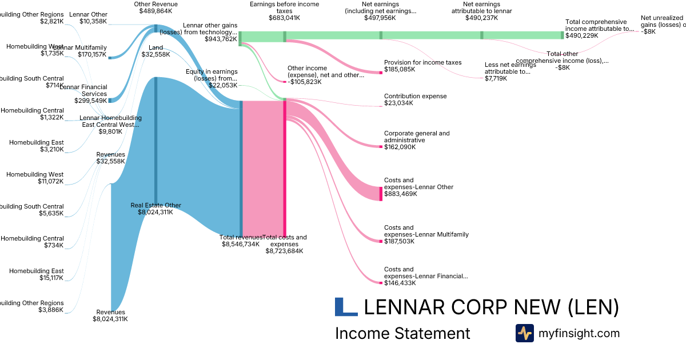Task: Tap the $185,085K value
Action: click(400, 70)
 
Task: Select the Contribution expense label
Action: click(415, 96)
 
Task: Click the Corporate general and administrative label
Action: click(417, 137)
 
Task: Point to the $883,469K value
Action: click(400, 194)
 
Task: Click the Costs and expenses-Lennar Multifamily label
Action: click(426, 231)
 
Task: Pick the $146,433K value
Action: click(400, 283)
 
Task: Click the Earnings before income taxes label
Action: click(284, 7)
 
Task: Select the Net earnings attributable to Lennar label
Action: click(481, 7)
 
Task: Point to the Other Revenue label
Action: click(155, 4)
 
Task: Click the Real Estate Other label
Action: click(155, 205)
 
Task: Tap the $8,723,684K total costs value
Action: click(284, 251)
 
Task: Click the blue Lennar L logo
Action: click(346, 307)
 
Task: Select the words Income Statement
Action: click(402, 334)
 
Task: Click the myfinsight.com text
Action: click(579, 333)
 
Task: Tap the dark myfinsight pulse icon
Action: click(524, 333)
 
